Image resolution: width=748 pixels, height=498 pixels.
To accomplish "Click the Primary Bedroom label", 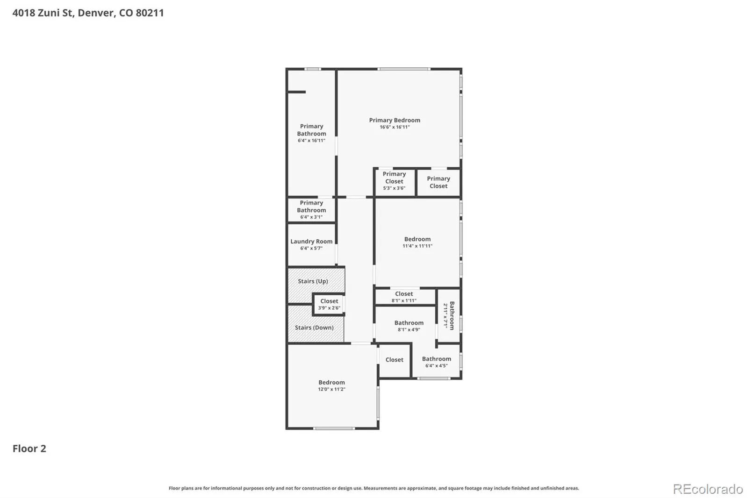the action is (x=395, y=120).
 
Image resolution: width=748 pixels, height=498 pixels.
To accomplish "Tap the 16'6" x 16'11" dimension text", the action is (x=395, y=127).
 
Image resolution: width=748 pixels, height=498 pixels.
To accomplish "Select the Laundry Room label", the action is (x=311, y=242).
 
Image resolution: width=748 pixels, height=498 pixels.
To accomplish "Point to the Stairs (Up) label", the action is (x=313, y=281).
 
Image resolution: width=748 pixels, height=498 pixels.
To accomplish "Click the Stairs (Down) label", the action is (x=314, y=328).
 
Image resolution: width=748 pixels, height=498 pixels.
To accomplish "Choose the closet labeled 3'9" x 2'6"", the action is (x=329, y=304).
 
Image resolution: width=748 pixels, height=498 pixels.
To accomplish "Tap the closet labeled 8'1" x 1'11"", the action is (x=404, y=297).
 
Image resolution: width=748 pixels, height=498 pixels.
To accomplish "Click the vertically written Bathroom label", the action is (x=452, y=316).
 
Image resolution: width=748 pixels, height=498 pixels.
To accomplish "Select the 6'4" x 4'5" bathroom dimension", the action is (x=437, y=366).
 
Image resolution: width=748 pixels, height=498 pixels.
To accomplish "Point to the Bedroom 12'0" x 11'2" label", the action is (x=331, y=385).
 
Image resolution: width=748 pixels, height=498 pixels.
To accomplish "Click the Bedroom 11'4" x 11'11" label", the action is (x=417, y=242).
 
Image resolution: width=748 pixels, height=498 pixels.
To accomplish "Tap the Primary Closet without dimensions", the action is (x=439, y=182).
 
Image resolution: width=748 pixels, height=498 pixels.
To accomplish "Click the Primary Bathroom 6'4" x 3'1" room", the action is (x=311, y=210).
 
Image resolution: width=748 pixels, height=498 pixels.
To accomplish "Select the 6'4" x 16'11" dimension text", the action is (x=311, y=141).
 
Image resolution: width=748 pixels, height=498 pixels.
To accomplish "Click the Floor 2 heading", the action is (x=29, y=448).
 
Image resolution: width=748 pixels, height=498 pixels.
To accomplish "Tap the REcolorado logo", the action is (x=708, y=489).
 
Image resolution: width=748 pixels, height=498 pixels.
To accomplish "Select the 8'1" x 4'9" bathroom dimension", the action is (x=409, y=330).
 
